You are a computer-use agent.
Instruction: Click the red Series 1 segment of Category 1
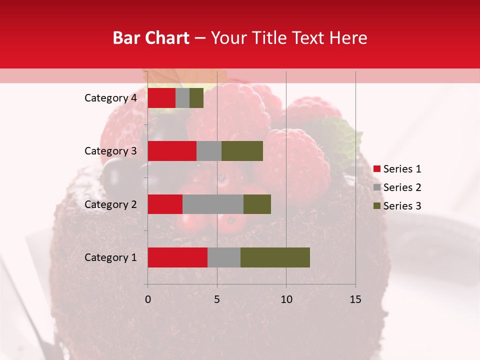coord(177,257)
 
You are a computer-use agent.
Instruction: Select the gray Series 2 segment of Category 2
coord(213,204)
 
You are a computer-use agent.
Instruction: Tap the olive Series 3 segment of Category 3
coord(242,151)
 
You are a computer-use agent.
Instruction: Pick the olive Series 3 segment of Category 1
coord(275,257)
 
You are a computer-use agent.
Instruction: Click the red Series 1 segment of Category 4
coord(161,98)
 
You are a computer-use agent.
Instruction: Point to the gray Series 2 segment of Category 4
coord(182,98)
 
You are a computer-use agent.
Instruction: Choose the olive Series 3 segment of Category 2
coord(257,204)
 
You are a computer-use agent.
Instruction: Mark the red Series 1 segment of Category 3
coord(172,151)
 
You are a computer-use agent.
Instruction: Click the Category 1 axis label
coord(110,257)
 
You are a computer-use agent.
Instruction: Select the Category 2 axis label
coord(110,204)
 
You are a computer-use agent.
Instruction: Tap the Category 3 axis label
coord(110,151)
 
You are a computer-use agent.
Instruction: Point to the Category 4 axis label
coord(110,98)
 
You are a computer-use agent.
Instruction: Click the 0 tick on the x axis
coord(148,299)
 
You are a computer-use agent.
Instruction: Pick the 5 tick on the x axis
coord(217,299)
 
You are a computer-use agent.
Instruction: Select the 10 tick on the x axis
coord(286,299)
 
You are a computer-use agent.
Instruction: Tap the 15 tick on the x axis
coord(355,299)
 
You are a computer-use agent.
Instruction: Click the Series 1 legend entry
coord(397,169)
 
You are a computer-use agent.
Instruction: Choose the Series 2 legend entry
coord(397,187)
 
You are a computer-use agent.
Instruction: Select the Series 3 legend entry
coord(397,206)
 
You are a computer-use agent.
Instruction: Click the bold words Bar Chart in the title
coord(151,38)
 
